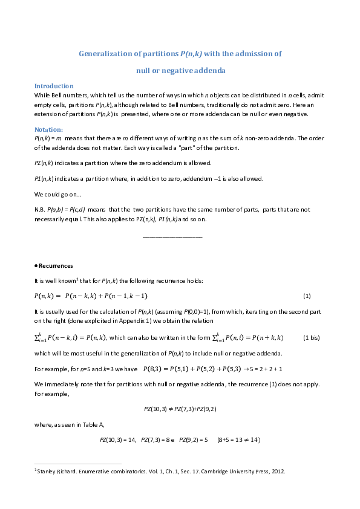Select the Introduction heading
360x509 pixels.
coord(54,86)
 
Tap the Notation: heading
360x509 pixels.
coord(49,129)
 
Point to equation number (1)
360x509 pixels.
coord(307,296)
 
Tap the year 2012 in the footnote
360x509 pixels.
coord(278,472)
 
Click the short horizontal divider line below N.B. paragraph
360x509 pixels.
coord(172,236)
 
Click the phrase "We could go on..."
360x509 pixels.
coord(58,194)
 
